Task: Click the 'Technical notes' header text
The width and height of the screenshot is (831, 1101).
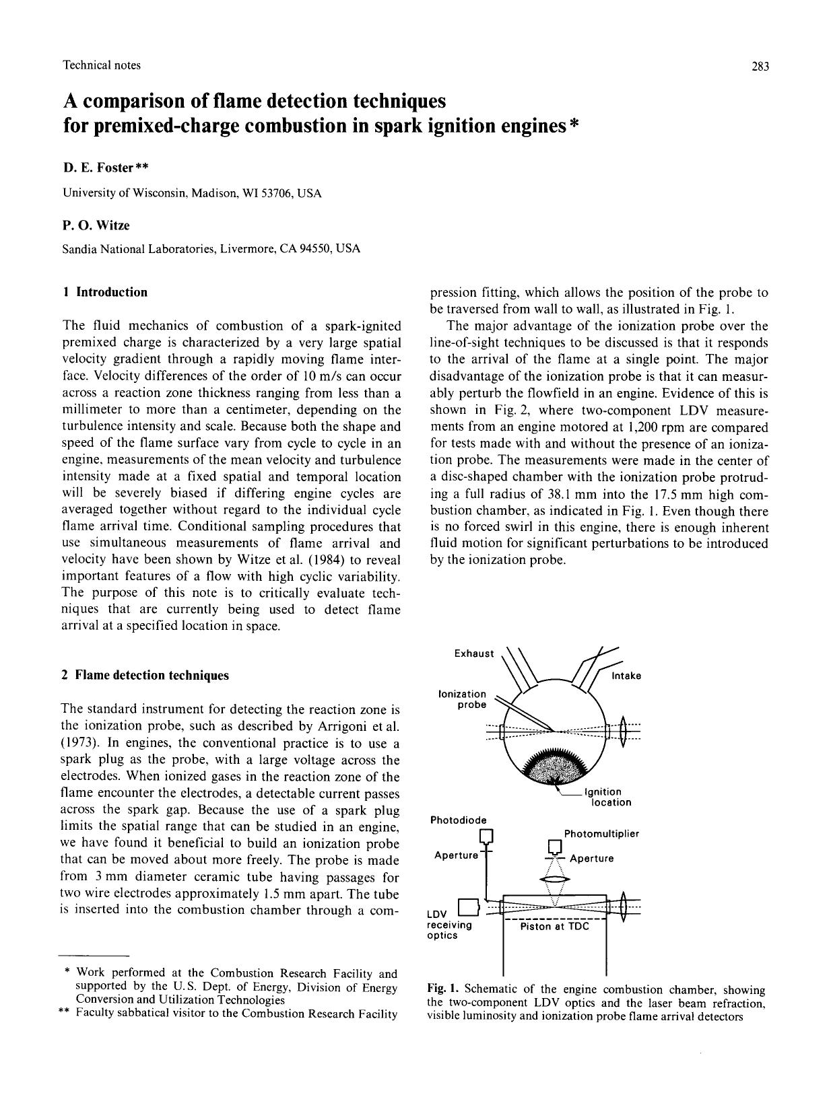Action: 102,65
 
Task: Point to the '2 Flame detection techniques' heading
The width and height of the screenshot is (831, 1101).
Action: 145,675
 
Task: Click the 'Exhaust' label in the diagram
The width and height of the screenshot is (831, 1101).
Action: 473,653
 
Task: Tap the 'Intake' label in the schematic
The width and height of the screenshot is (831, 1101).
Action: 626,676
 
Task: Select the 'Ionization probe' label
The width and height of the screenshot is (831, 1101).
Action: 462,699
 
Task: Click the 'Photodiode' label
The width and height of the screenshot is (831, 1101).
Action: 458,820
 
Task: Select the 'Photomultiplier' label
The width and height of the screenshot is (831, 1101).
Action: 601,834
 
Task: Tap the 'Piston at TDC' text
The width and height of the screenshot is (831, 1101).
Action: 554,927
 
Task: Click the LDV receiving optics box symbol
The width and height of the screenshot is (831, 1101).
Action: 468,907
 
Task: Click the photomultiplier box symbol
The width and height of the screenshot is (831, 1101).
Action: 554,846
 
